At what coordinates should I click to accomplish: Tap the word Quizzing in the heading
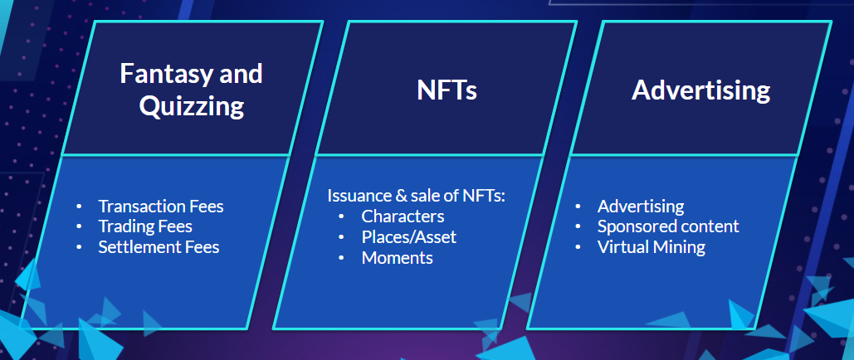point(191,105)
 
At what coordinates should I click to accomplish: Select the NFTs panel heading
point(447,90)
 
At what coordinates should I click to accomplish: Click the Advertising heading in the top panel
point(701,90)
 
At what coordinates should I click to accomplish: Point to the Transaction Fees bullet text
point(161,207)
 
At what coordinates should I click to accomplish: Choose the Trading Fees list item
point(145,226)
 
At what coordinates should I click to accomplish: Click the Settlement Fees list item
point(159,246)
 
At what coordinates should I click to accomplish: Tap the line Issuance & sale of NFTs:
point(417,196)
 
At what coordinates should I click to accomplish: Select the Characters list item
point(403,216)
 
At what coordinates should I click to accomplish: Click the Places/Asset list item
point(408,237)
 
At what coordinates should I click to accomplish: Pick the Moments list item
point(397,258)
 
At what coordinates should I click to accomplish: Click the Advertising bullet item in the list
point(641,207)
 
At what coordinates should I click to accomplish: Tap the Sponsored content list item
point(668,226)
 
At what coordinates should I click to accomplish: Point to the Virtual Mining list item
point(651,247)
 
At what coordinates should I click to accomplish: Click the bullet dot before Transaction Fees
point(79,207)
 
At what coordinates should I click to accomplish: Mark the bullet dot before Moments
point(341,258)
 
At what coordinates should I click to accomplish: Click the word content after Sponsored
point(707,226)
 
